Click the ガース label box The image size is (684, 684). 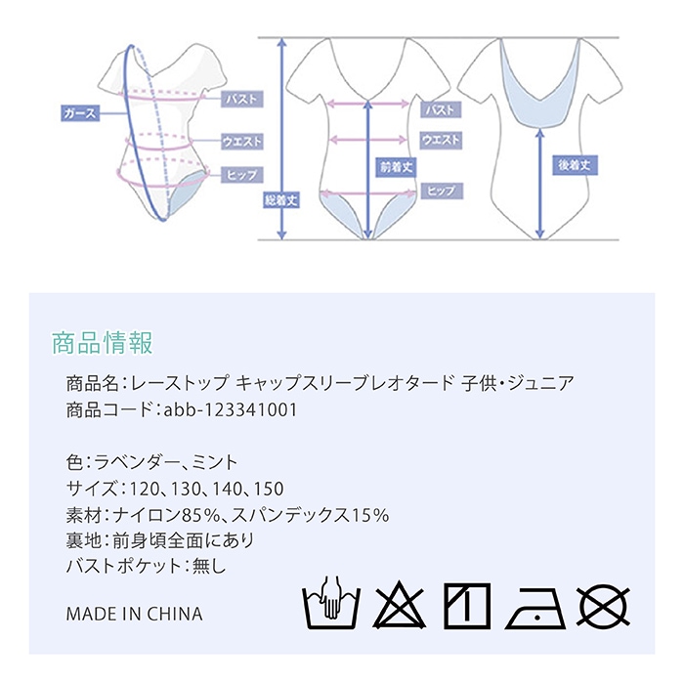click(80, 113)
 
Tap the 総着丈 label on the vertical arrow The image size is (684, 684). click(281, 199)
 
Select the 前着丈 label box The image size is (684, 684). click(396, 167)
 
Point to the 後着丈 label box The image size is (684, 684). click(575, 165)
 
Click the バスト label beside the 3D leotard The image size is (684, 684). click(241, 99)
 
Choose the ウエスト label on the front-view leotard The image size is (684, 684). click(441, 140)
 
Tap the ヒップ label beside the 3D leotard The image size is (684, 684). click(241, 175)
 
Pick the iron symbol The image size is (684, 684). click(535, 608)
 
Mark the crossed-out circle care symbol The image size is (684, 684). click(604, 606)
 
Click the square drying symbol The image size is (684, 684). click(467, 606)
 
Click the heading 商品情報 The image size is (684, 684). click(103, 342)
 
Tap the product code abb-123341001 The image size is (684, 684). click(231, 410)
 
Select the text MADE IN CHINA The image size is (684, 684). click(135, 615)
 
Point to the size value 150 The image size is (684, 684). click(269, 489)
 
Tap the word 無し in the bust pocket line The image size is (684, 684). click(209, 566)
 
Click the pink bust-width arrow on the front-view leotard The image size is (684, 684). click(367, 104)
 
